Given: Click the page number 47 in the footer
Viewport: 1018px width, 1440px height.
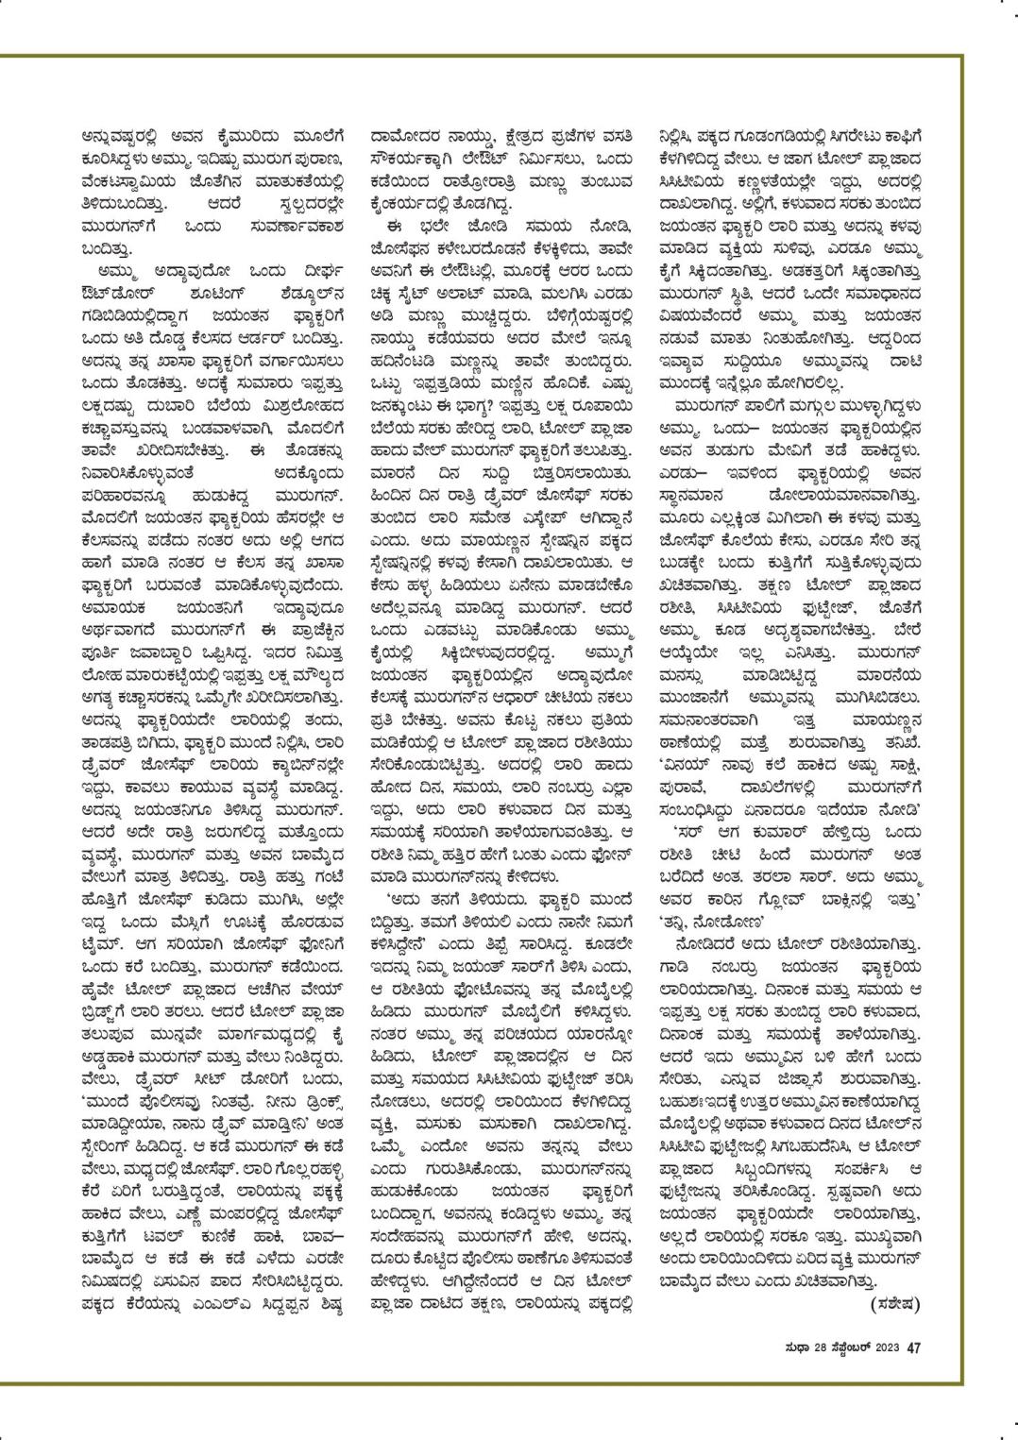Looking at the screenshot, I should pos(913,1347).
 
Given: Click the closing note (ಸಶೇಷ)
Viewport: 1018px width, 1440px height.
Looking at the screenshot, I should pos(891,1304).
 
